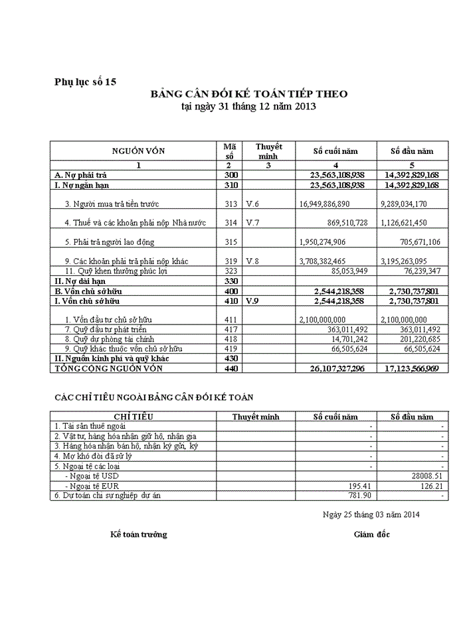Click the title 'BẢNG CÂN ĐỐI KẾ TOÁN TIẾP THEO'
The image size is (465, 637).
(248, 94)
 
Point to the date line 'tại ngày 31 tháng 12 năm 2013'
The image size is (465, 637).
(248, 106)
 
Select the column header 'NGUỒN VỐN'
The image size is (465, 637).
(138, 151)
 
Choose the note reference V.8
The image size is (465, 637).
(252, 261)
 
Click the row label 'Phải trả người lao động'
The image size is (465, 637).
(120, 242)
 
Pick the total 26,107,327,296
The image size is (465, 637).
(337, 368)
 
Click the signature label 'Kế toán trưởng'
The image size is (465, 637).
(139, 534)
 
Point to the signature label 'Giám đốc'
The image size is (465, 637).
(372, 534)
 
